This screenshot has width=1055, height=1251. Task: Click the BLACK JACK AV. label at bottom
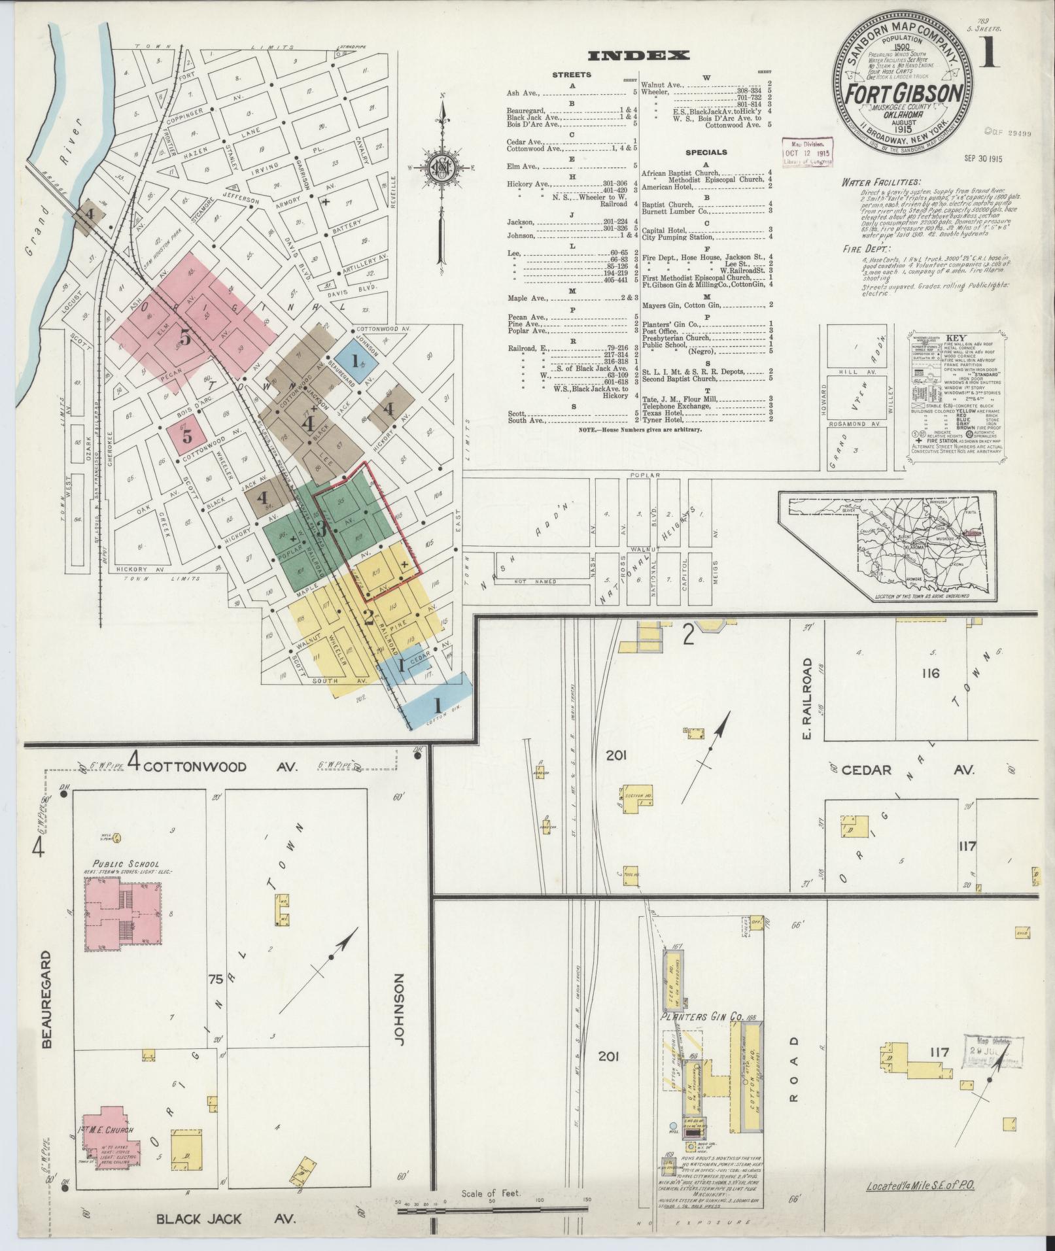[x=226, y=1219]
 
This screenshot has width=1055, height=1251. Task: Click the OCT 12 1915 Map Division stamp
[x=810, y=152]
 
